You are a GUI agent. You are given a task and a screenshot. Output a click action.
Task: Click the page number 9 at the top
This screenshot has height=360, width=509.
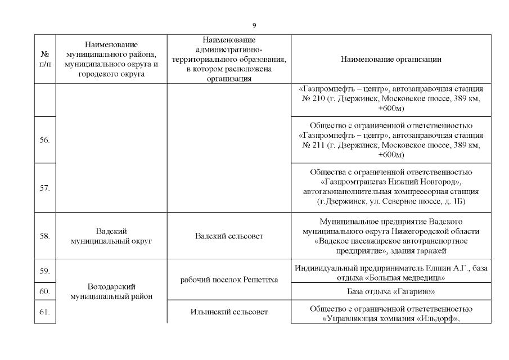pyautogui.click(x=254, y=26)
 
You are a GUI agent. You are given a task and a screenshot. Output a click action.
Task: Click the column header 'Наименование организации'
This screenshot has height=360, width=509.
pyautogui.click(x=391, y=59)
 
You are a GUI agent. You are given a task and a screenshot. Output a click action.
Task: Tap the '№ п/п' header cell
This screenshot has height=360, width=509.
pyautogui.click(x=45, y=59)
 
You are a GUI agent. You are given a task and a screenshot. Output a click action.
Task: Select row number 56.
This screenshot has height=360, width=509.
pyautogui.click(x=45, y=140)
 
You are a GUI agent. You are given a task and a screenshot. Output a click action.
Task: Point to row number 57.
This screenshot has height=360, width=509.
pyautogui.click(x=45, y=188)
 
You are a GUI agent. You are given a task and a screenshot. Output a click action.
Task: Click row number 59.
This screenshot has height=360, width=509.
pyautogui.click(x=45, y=271)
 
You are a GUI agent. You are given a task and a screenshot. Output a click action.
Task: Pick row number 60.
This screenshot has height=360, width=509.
pyautogui.click(x=45, y=291)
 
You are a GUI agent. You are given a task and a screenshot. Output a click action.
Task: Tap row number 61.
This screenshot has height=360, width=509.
pyautogui.click(x=45, y=312)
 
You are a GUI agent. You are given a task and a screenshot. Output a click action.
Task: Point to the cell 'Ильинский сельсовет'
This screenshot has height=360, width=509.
pyautogui.click(x=229, y=312)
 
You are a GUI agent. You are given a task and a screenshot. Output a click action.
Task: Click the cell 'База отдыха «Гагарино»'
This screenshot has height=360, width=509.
pyautogui.click(x=391, y=291)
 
